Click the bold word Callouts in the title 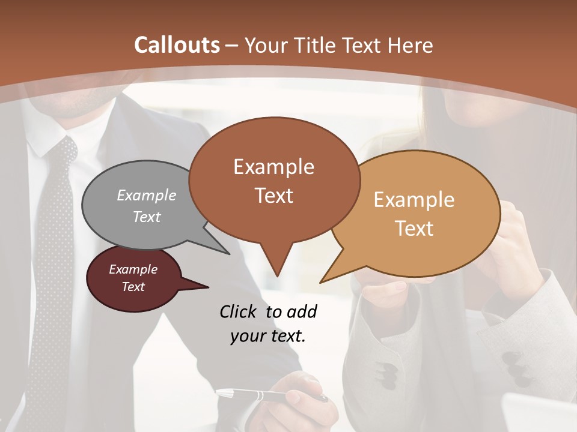pyautogui.click(x=177, y=45)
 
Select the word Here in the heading pyautogui.click(x=411, y=45)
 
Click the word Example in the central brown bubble pyautogui.click(x=273, y=166)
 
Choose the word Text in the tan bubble pyautogui.click(x=415, y=229)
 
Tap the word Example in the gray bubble pyautogui.click(x=147, y=195)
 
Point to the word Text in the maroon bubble pyautogui.click(x=133, y=287)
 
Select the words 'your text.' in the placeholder pyautogui.click(x=268, y=336)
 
